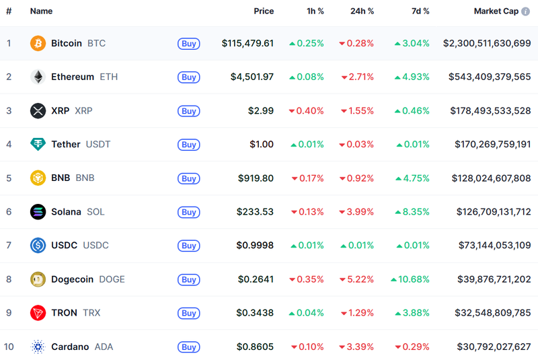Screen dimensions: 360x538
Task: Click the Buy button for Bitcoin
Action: click(x=189, y=44)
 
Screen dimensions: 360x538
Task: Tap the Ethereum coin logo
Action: click(x=38, y=77)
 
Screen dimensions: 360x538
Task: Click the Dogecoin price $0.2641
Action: click(x=256, y=279)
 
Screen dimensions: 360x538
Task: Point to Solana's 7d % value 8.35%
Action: click(x=412, y=212)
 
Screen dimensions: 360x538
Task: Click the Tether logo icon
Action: click(x=38, y=144)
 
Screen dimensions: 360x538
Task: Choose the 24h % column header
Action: click(x=362, y=11)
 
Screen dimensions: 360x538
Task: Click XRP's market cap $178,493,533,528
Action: click(x=490, y=111)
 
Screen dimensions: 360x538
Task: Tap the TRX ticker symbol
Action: click(x=91, y=313)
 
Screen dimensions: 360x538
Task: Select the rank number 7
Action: click(x=9, y=246)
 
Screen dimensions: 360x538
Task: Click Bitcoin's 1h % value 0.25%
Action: click(x=307, y=44)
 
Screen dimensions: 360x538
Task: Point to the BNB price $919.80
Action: click(x=256, y=178)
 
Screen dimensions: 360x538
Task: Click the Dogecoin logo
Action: click(x=38, y=279)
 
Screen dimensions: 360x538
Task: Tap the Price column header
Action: click(x=264, y=11)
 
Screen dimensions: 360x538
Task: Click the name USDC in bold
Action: click(x=65, y=246)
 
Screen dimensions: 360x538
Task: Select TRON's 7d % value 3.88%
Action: click(x=412, y=313)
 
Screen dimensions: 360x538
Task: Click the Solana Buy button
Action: click(x=189, y=212)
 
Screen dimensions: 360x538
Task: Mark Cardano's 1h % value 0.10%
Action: click(x=307, y=347)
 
